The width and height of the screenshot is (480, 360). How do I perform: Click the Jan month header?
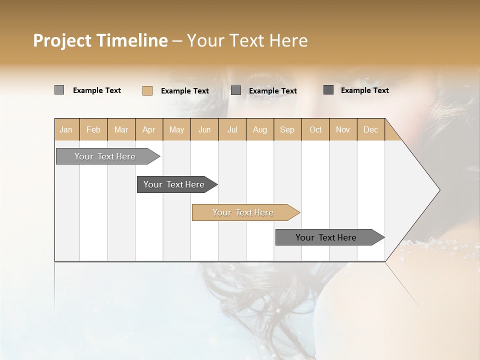(x=66, y=129)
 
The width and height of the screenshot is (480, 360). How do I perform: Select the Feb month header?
(x=93, y=129)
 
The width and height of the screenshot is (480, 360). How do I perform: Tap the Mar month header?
(x=121, y=129)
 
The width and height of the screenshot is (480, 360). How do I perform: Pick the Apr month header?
(x=149, y=129)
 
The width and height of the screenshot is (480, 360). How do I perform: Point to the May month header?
(x=176, y=129)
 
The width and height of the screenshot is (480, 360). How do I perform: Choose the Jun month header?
(x=204, y=129)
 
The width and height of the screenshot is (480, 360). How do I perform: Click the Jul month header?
(x=232, y=129)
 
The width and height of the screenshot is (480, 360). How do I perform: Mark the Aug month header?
(x=260, y=129)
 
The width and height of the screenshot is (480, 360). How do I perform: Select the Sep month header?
(x=287, y=129)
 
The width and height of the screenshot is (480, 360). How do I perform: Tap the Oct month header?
(x=315, y=129)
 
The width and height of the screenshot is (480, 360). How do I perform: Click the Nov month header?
(x=343, y=129)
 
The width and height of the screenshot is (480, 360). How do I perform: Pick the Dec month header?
(x=370, y=129)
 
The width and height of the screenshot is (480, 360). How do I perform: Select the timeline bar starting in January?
(x=105, y=156)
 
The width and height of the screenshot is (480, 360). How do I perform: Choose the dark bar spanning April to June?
(x=174, y=184)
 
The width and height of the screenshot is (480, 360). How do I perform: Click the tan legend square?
(x=147, y=90)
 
